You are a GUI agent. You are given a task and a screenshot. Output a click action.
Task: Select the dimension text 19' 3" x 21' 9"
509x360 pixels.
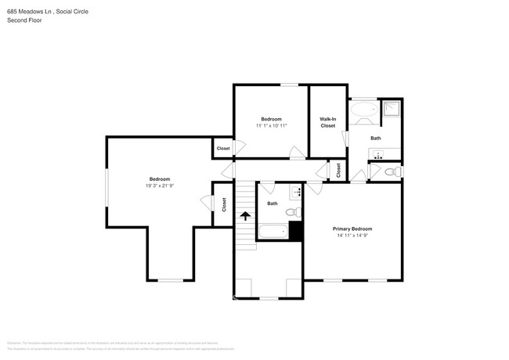click(159, 185)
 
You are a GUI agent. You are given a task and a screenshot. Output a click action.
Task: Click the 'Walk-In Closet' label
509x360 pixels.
click(327, 122)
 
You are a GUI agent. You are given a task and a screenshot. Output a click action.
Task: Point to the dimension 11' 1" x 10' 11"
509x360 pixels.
click(271, 125)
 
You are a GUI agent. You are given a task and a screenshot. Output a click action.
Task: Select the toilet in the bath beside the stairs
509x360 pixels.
click(291, 212)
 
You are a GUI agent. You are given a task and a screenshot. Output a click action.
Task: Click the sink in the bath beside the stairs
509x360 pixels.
click(296, 192)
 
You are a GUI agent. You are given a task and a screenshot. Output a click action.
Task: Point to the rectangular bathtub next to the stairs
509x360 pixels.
click(273, 232)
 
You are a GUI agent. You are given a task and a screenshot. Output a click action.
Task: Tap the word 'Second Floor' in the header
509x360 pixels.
click(24, 20)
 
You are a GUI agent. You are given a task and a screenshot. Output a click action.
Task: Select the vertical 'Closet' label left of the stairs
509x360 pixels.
click(224, 204)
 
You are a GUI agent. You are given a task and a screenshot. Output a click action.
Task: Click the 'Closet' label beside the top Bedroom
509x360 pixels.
click(223, 148)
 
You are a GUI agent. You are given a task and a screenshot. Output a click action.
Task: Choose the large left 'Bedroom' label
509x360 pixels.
click(159, 178)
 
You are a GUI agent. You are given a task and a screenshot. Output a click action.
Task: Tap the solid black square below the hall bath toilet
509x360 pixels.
click(296, 231)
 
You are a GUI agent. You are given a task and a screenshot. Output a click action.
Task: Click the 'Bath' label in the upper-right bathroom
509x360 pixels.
click(376, 139)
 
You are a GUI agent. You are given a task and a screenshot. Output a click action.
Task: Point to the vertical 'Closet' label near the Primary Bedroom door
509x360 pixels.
click(338, 169)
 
